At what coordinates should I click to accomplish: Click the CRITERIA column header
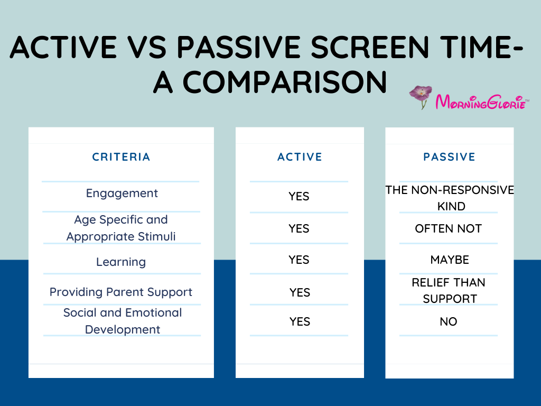tap(121, 157)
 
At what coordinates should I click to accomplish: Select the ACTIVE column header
tap(300, 157)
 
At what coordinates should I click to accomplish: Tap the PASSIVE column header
tap(449, 157)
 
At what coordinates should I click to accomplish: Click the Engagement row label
tap(122, 193)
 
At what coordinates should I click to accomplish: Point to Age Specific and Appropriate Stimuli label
tap(121, 228)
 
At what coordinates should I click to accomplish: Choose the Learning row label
tap(121, 262)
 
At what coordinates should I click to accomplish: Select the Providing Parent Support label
tap(121, 292)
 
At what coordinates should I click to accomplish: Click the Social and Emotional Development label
tap(123, 321)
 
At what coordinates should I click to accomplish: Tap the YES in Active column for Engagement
tap(299, 197)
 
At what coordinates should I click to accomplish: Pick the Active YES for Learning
tap(299, 260)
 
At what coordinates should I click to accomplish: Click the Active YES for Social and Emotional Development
tap(300, 322)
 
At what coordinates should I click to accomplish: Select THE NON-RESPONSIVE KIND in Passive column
tap(450, 198)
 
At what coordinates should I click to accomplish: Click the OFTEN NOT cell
tap(449, 229)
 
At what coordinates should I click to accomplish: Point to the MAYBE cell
tap(450, 260)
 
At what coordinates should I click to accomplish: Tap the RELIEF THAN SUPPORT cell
tap(449, 290)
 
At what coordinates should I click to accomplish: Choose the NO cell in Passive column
tap(449, 322)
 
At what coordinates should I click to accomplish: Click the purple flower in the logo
tap(421, 96)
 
